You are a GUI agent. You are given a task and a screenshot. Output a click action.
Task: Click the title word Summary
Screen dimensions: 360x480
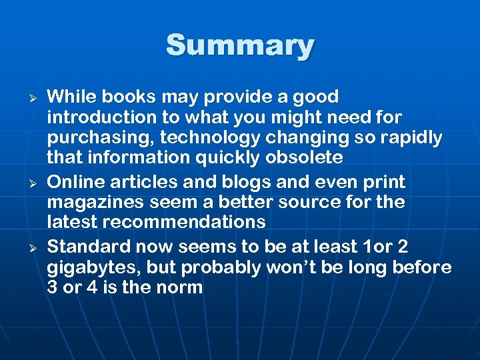[240, 46]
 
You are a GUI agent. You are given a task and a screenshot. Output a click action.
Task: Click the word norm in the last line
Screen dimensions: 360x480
[179, 288]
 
